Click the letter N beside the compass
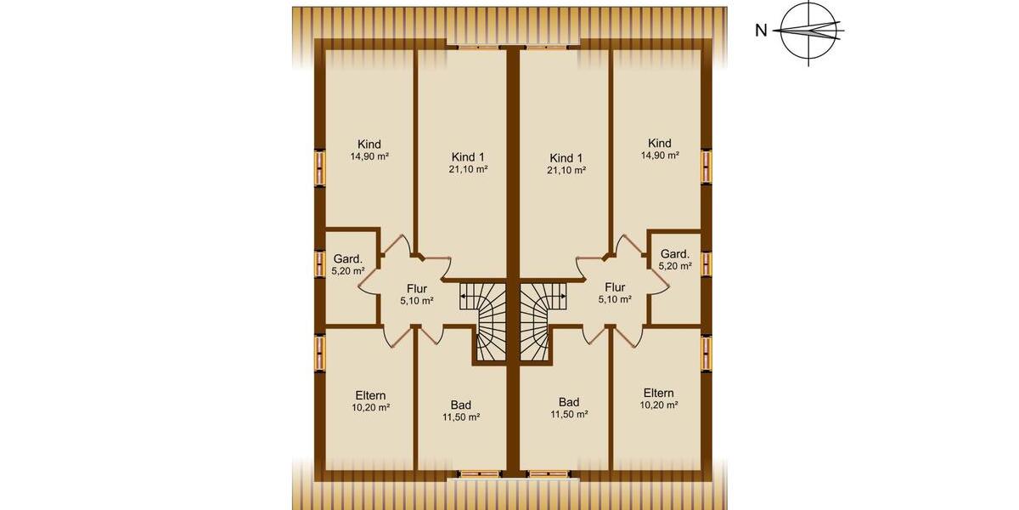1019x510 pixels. pyautogui.click(x=762, y=31)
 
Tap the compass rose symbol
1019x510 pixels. pyautogui.click(x=808, y=32)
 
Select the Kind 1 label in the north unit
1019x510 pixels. pyautogui.click(x=469, y=157)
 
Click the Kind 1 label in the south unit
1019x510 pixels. pyautogui.click(x=566, y=158)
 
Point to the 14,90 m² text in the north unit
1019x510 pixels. pyautogui.click(x=369, y=156)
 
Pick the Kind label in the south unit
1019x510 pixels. pyautogui.click(x=659, y=143)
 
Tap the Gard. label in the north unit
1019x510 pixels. pyautogui.click(x=348, y=258)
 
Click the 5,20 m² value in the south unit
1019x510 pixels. pyautogui.click(x=675, y=266)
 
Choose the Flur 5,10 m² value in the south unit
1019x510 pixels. pyautogui.click(x=615, y=299)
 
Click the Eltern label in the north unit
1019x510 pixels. pyautogui.click(x=370, y=395)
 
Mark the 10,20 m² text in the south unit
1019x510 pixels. pyautogui.click(x=660, y=405)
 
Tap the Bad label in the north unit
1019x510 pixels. pyautogui.click(x=461, y=405)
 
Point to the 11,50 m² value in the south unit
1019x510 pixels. pyautogui.click(x=569, y=415)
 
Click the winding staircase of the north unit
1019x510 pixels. pyautogui.click(x=486, y=323)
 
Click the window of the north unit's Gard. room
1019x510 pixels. pyautogui.click(x=320, y=263)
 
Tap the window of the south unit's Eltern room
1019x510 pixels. pyautogui.click(x=706, y=354)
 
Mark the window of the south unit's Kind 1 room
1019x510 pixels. pyautogui.click(x=546, y=46)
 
